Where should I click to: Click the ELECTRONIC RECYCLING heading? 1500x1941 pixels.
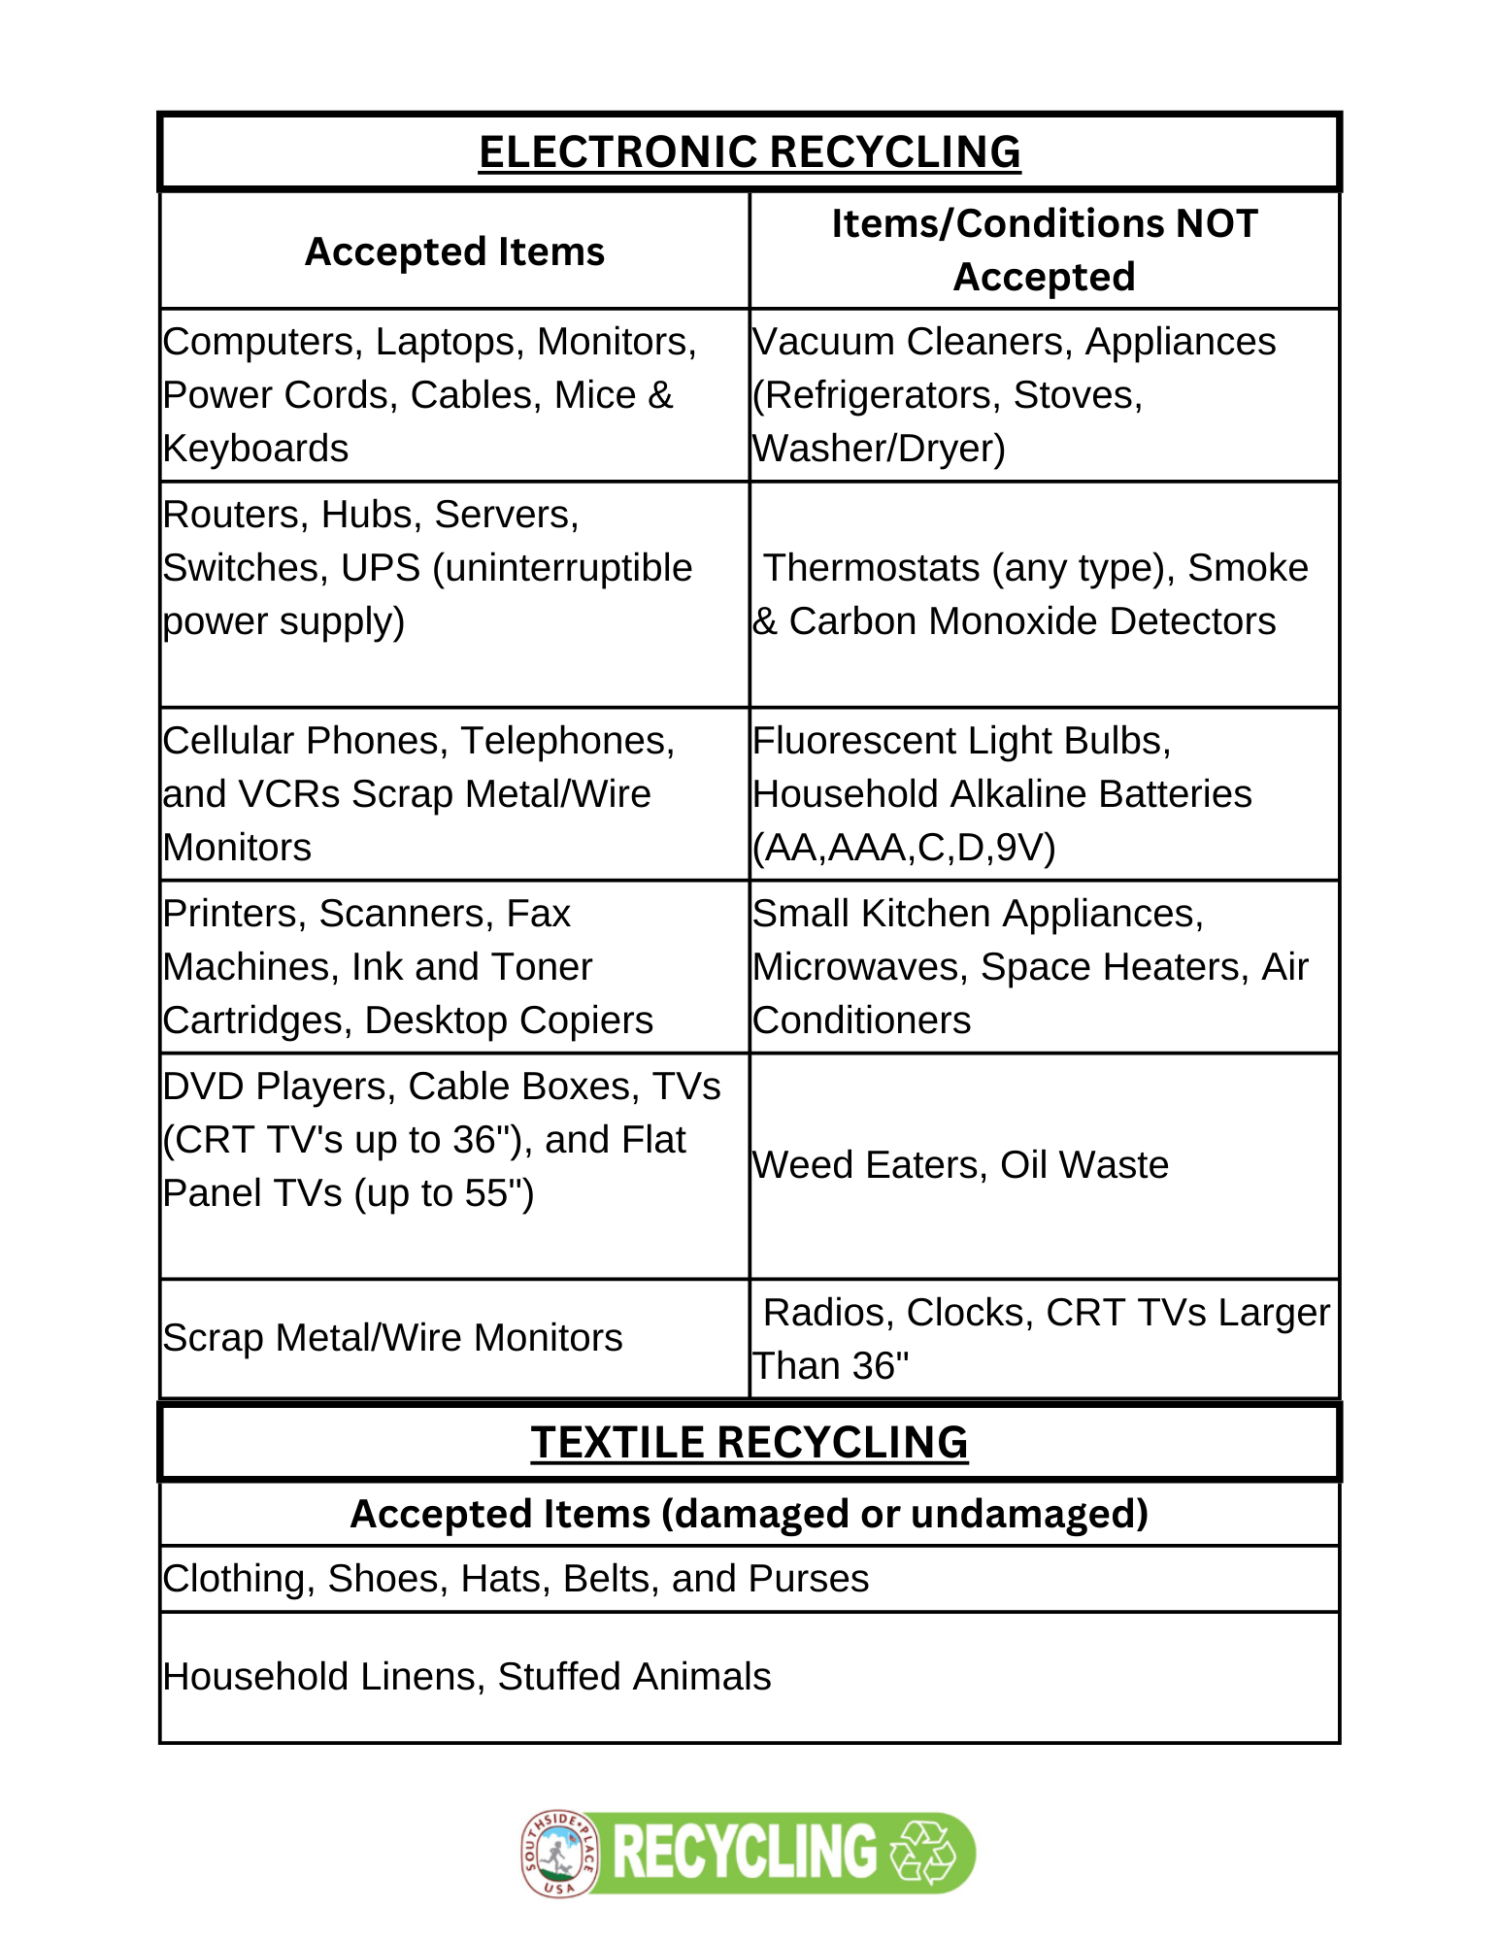tap(749, 152)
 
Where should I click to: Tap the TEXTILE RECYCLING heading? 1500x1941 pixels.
tap(749, 1442)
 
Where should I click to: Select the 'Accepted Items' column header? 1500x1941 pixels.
tap(454, 251)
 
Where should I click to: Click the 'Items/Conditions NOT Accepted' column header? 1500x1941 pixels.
tap(1044, 250)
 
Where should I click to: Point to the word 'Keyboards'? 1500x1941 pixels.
tap(255, 449)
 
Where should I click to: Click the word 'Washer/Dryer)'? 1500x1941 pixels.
tap(879, 449)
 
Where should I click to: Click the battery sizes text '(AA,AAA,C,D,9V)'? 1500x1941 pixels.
tap(904, 848)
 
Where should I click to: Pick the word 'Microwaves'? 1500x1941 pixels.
tap(860, 967)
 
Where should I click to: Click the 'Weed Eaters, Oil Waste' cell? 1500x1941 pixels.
tap(960, 1165)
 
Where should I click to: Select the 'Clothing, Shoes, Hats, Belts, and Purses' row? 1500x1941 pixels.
tap(516, 1579)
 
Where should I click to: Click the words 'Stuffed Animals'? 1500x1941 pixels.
tap(634, 1677)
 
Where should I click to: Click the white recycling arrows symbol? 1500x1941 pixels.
tap(924, 1852)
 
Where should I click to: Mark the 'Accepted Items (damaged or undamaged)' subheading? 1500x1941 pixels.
tap(749, 1514)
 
